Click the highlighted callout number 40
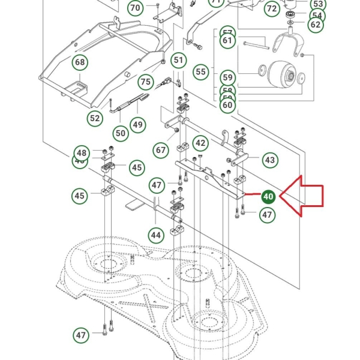(268, 197)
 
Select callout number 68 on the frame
(80, 62)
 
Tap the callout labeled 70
(135, 8)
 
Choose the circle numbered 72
(272, 8)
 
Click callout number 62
(316, 25)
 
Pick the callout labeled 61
(227, 41)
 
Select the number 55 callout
(201, 72)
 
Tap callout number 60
(227, 104)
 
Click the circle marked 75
(145, 82)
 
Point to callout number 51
(178, 60)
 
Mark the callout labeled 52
(95, 118)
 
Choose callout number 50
(121, 132)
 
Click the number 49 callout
(138, 124)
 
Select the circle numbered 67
(160, 149)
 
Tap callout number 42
(200, 143)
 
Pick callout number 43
(269, 160)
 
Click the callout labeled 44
(156, 235)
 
